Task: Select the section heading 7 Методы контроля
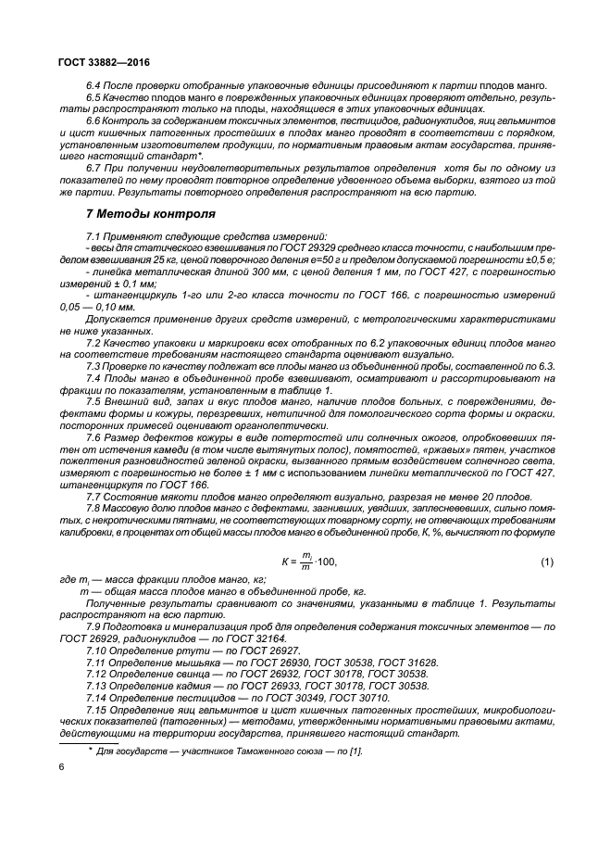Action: tap(150, 214)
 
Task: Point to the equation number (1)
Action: tap(546, 562)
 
